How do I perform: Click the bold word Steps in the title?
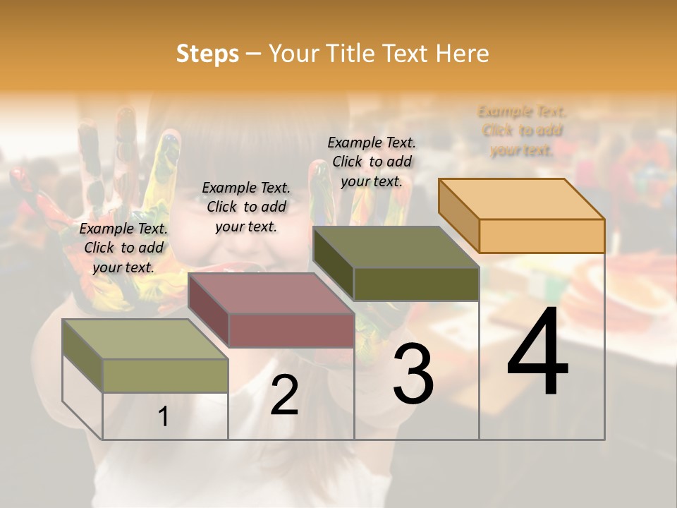click(207, 54)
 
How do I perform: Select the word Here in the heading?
click(462, 54)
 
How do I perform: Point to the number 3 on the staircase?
click(413, 374)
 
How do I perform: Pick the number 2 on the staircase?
click(284, 395)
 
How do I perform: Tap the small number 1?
click(163, 416)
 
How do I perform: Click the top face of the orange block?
click(521, 198)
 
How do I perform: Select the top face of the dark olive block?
click(395, 247)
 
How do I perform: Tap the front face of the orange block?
click(542, 236)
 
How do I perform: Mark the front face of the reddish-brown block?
click(291, 330)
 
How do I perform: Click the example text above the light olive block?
click(123, 248)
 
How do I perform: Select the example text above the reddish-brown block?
click(246, 207)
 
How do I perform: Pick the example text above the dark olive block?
click(372, 162)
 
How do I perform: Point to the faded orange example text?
click(522, 131)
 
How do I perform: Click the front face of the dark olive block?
click(416, 284)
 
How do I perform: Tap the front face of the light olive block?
click(165, 375)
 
